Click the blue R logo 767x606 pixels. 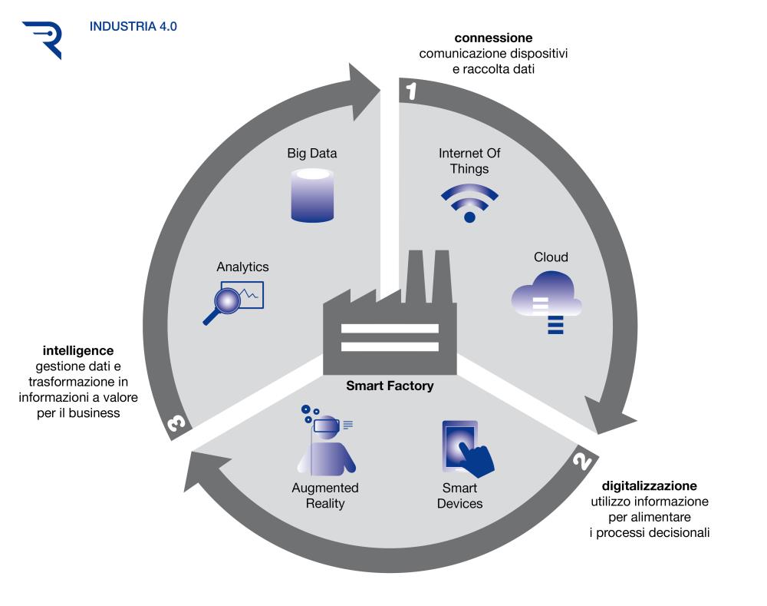43,39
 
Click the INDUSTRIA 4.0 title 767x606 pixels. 133,26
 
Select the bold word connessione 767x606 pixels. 493,38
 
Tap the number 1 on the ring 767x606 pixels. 411,91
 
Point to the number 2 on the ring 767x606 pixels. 583,460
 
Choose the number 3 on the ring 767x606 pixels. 176,422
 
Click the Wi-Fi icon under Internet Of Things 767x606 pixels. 469,203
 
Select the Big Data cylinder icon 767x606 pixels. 312,195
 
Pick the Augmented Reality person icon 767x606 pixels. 326,440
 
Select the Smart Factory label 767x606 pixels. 390,386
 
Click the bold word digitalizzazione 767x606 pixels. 649,485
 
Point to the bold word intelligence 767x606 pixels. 78,351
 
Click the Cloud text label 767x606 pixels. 551,257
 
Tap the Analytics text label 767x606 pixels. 242,267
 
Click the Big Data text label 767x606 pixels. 312,154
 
